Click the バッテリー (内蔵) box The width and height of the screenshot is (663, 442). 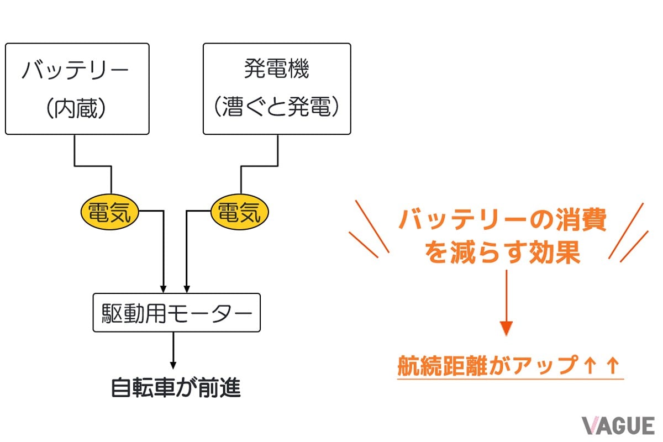pos(77,88)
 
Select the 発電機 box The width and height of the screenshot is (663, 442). pos(277,88)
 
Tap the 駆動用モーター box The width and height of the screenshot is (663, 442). pos(176,313)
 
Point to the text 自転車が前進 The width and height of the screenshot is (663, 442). pos(176,388)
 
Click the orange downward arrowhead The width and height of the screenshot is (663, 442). pos(506,329)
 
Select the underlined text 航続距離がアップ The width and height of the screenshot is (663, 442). pos(486,366)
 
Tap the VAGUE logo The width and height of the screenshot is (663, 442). pos(617,426)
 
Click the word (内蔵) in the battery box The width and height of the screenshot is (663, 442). pos(77,109)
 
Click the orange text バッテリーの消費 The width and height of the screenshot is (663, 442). pos(502,222)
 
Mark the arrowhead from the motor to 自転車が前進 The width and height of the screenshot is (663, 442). pos(173,365)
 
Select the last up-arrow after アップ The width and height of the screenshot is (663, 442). pos(612,366)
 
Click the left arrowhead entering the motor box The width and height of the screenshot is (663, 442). pos(164,288)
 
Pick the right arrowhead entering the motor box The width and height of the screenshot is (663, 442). pos(187,288)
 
